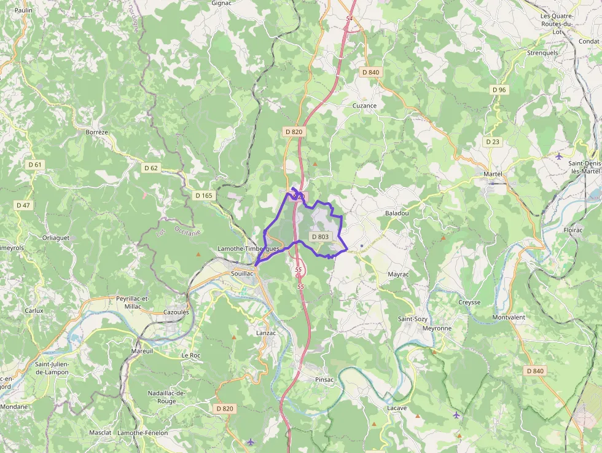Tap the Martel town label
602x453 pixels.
coord(493,174)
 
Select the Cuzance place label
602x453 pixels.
coord(364,106)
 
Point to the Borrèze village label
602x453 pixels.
coord(97,132)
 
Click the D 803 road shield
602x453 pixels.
coord(320,237)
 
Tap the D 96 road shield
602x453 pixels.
coord(499,90)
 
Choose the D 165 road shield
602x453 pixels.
coord(204,195)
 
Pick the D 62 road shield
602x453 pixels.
coord(151,168)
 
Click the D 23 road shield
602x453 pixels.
coord(493,141)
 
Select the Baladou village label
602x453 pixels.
coord(396,213)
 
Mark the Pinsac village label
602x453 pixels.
coord(324,379)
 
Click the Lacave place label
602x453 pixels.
coord(397,408)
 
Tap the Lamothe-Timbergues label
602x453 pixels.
coord(249,248)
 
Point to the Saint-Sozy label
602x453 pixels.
coord(413,319)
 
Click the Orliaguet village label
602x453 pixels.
coord(56,237)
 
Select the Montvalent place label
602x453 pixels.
coord(509,317)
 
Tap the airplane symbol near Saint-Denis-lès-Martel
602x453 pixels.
coord(558,156)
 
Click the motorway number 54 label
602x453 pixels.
coord(350,18)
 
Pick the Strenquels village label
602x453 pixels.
coord(542,53)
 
